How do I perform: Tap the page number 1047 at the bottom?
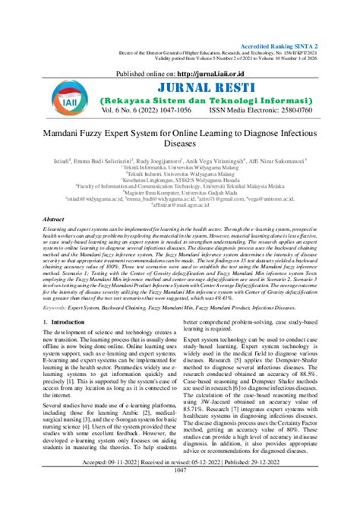pos(180,492)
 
